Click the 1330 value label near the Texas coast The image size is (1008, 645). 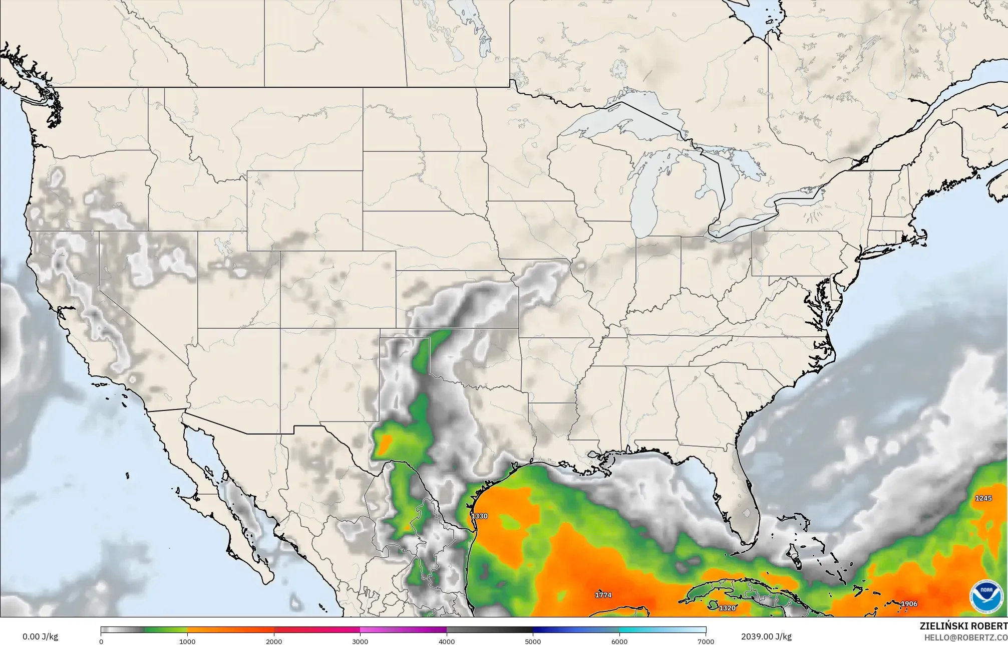pos(479,516)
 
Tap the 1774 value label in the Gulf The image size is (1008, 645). pos(603,595)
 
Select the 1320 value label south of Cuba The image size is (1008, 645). pos(727,608)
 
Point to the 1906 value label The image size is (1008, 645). pos(909,603)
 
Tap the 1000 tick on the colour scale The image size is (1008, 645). pos(187,641)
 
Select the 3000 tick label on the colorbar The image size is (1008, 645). pos(360,641)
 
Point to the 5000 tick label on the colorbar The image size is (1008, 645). pos(533,641)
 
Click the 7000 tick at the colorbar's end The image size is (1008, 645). pos(706,641)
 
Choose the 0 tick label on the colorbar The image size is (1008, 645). pos(101,641)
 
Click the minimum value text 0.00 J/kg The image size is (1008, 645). pos(40,636)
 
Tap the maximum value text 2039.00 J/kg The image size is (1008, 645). pos(766,636)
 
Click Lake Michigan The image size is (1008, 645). pos(643,200)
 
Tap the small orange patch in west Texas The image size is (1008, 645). pos(384,444)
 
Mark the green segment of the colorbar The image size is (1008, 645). pos(165,630)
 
